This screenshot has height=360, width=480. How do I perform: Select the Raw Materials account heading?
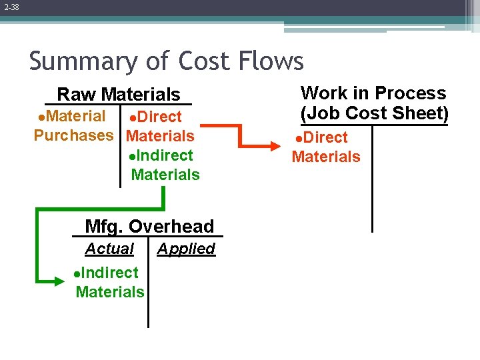[118, 95]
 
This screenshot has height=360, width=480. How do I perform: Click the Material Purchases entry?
[73, 125]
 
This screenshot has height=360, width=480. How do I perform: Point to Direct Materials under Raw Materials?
[160, 127]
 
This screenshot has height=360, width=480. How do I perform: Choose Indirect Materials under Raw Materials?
[164, 165]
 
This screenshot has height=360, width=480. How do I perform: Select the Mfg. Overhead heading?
[149, 227]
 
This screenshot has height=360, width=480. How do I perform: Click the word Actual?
[109, 249]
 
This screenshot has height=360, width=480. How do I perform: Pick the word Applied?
[186, 249]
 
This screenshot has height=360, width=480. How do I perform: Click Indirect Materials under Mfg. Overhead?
[109, 282]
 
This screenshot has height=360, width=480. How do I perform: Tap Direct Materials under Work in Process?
[325, 147]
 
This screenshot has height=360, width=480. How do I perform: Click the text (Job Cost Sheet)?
[374, 113]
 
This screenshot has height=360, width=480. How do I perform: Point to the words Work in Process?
[373, 93]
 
